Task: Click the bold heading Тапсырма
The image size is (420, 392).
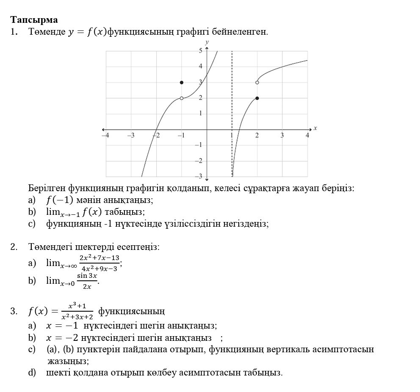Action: pyautogui.click(x=34, y=20)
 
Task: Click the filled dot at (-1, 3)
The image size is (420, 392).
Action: pyautogui.click(x=182, y=82)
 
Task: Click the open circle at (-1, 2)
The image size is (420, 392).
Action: pyautogui.click(x=182, y=98)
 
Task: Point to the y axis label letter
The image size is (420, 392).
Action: pyautogui.click(x=207, y=42)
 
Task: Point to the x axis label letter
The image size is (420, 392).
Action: pyautogui.click(x=315, y=128)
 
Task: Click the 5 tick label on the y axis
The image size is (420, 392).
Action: pyautogui.click(x=201, y=50)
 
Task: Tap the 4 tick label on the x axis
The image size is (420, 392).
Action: pyautogui.click(x=308, y=135)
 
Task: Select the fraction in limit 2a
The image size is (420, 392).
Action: pyautogui.click(x=99, y=263)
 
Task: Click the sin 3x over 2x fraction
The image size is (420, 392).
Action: pyautogui.click(x=87, y=281)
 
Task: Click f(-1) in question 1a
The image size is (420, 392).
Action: pyautogui.click(x=60, y=200)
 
